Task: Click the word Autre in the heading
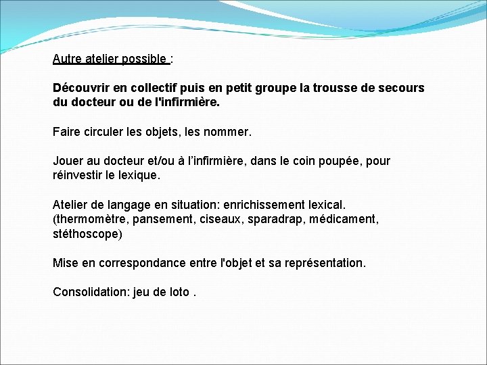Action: tap(66, 59)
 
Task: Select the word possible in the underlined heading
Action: tap(144, 59)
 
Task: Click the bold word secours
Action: tap(402, 89)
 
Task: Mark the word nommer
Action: tap(228, 132)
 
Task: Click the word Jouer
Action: tap(68, 162)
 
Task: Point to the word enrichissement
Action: tap(261, 205)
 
